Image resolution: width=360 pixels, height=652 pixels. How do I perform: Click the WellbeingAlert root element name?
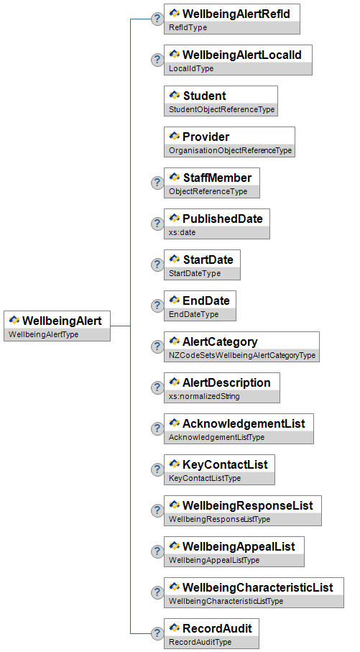click(x=62, y=321)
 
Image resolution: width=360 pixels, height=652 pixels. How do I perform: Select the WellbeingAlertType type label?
click(x=43, y=334)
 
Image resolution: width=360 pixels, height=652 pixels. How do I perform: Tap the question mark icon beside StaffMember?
click(x=157, y=183)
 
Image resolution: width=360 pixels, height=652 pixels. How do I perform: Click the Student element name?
click(x=205, y=96)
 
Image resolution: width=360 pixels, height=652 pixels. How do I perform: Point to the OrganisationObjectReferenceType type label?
click(x=231, y=150)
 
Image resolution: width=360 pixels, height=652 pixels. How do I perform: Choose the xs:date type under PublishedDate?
click(x=182, y=232)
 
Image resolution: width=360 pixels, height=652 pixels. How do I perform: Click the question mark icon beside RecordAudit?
click(x=157, y=634)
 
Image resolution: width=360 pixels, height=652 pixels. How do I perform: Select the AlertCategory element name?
click(x=220, y=341)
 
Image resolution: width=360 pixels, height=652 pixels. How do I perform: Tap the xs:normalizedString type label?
click(x=204, y=396)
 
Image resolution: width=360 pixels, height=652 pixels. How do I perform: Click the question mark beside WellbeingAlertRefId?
click(x=157, y=19)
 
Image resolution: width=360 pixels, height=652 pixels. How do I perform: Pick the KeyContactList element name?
click(x=225, y=464)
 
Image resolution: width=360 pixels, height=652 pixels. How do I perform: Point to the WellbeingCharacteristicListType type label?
click(x=226, y=601)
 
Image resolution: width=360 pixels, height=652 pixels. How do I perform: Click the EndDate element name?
click(x=206, y=300)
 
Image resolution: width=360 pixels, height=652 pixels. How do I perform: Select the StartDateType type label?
click(x=195, y=274)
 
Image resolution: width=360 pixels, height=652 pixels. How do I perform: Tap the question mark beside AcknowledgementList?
click(x=157, y=428)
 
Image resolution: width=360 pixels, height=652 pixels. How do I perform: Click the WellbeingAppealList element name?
click(x=239, y=547)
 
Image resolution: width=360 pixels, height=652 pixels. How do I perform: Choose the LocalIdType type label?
click(x=191, y=68)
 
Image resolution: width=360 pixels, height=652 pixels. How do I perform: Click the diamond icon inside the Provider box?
click(x=175, y=136)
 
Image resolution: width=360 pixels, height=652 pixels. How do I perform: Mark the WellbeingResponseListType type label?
click(x=219, y=519)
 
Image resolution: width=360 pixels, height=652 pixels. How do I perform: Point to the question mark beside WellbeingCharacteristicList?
click(x=157, y=592)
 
